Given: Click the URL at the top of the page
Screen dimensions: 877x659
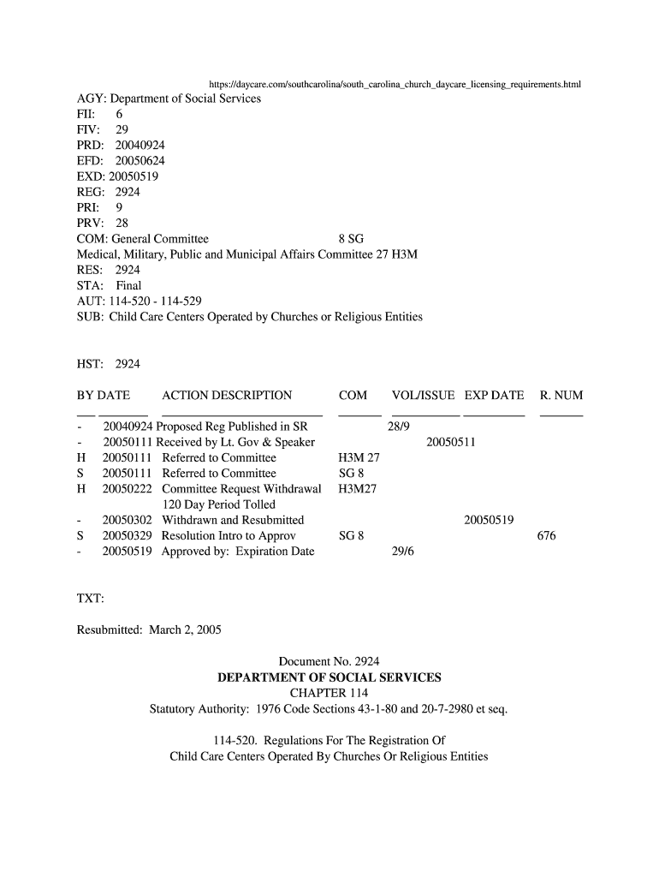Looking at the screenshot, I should click(x=395, y=85).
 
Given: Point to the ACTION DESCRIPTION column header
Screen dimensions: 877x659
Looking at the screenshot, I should click(x=227, y=396).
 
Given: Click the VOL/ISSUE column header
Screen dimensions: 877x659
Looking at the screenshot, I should click(x=423, y=396).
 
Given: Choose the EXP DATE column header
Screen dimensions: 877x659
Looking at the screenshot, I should click(x=494, y=396).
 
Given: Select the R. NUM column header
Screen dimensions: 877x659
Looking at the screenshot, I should click(x=561, y=396).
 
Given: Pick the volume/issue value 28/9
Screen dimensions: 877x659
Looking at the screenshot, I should click(x=399, y=427).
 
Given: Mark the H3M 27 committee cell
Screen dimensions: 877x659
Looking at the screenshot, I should click(x=359, y=458).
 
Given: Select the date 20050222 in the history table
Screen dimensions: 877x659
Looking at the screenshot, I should click(x=127, y=489).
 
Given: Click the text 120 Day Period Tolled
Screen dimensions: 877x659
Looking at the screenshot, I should click(x=219, y=504).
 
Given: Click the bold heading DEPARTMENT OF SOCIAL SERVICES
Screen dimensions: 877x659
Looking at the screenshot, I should click(x=329, y=677).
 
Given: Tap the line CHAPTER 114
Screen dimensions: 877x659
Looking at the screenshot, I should click(x=329, y=693).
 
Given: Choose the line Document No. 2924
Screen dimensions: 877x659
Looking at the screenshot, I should click(x=329, y=661).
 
